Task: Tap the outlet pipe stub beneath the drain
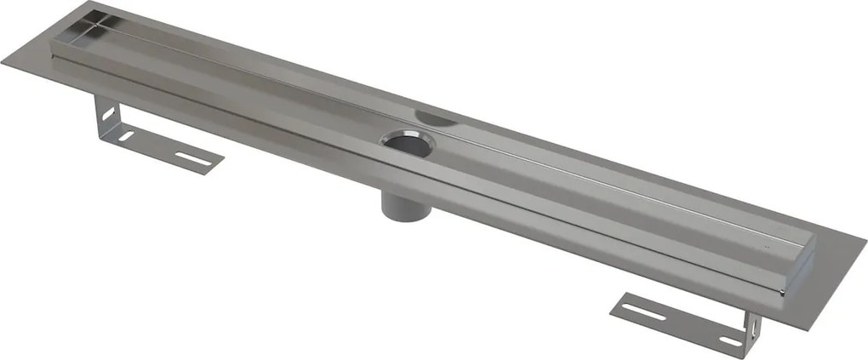point(396,205)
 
